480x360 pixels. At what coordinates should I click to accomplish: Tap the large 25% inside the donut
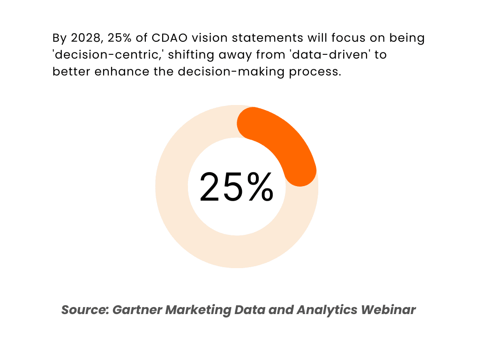[237, 187]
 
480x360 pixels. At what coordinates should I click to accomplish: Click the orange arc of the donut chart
[285, 141]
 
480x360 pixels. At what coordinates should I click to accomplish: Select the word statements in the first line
[257, 38]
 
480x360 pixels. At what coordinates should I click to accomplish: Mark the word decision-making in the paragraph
[217, 72]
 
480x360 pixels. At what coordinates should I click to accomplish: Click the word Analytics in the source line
[330, 310]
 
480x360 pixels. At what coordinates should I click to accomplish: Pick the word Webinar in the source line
[391, 310]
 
